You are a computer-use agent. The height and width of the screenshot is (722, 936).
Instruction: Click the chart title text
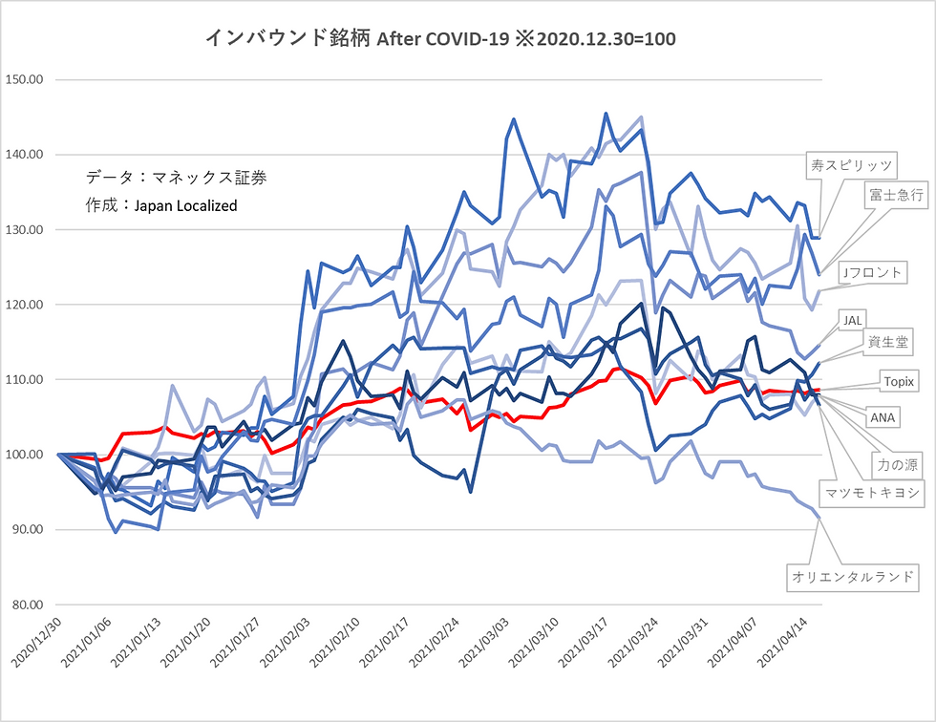pos(440,39)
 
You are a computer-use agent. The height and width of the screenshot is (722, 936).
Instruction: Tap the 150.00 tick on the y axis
pos(25,79)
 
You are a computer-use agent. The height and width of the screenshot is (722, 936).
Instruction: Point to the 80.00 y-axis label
pos(25,605)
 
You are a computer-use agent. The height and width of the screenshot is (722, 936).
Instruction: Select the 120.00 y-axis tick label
pos(25,305)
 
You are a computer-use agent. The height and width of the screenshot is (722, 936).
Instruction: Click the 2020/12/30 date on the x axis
pos(37,642)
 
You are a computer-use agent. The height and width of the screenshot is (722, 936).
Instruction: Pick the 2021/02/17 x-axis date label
pos(385,642)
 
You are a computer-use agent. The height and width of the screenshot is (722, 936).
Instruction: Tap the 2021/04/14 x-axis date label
pos(782,642)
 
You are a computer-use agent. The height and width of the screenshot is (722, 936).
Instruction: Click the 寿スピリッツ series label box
pos(851,166)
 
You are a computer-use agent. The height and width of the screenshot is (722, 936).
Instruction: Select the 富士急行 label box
pos(897,195)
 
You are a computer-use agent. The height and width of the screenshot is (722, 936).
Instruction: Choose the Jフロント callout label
pos(873,273)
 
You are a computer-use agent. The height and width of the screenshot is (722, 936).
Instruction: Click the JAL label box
pos(852,321)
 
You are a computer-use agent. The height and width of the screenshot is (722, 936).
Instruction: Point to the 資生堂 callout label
pos(888,342)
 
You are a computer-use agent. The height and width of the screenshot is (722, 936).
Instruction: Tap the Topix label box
pos(899,381)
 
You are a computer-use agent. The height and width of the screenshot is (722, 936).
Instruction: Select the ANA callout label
pos(883,417)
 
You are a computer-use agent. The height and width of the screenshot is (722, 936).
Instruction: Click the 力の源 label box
pos(897,465)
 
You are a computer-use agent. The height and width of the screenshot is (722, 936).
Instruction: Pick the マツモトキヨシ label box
pos(872,493)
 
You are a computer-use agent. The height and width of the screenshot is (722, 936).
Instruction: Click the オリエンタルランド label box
pos(853,577)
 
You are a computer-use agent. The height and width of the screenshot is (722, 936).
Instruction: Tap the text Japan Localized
pos(185,206)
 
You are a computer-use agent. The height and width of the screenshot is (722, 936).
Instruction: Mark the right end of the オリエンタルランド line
pos(819,518)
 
